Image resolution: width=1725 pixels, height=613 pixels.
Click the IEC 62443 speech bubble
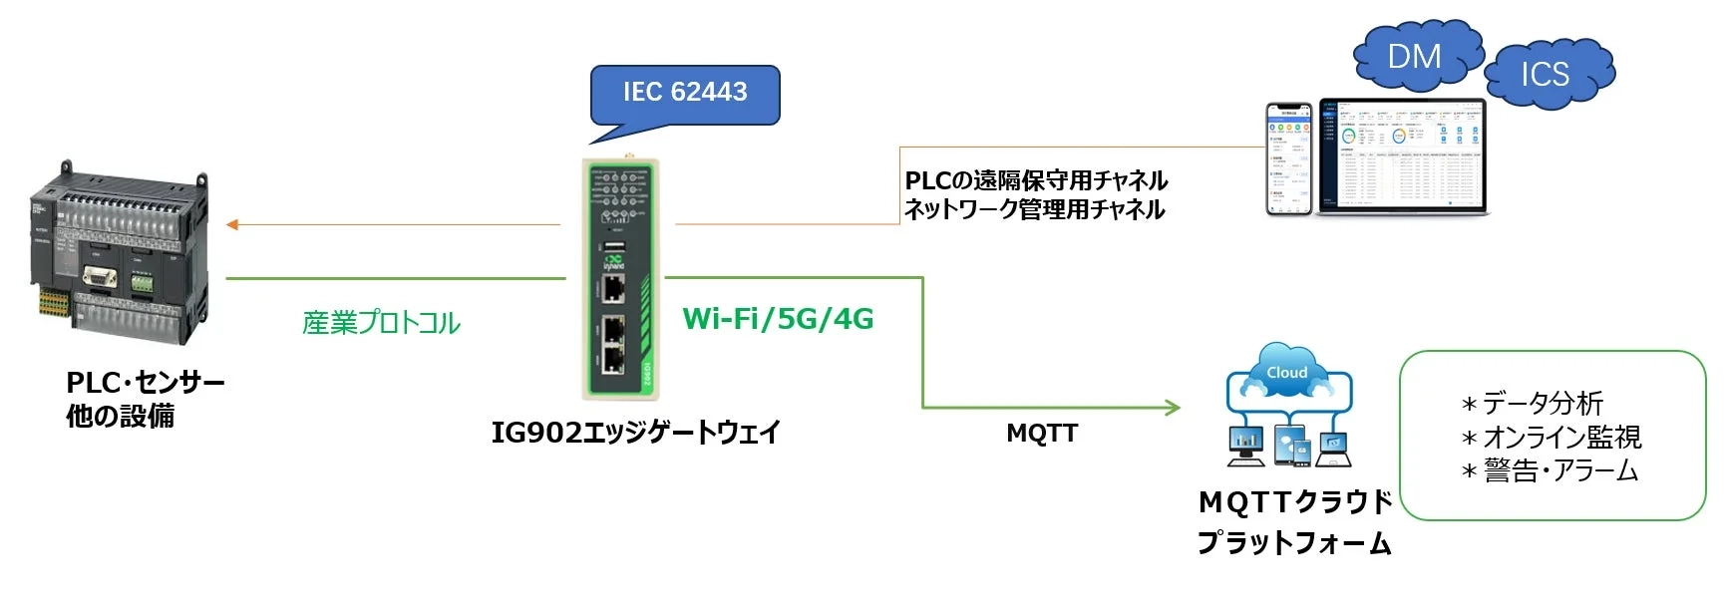click(x=685, y=94)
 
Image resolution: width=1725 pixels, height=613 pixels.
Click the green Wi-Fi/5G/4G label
click(x=778, y=319)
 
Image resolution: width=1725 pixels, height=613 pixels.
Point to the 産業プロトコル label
click(x=381, y=323)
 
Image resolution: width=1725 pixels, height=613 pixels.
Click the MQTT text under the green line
click(x=1042, y=434)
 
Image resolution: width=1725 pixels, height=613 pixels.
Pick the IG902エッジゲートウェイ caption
click(x=635, y=433)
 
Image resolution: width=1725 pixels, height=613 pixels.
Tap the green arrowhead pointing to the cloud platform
click(x=1174, y=407)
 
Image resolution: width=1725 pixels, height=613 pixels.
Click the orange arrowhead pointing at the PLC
click(x=232, y=224)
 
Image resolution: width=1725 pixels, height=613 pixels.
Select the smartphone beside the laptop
click(x=1289, y=158)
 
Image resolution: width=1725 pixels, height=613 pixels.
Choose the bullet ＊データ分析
click(x=1533, y=404)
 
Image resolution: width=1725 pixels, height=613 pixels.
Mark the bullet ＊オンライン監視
click(x=1552, y=438)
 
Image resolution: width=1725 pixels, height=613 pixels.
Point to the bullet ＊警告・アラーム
click(x=1551, y=470)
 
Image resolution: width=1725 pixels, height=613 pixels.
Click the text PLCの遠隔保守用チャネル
click(x=1036, y=180)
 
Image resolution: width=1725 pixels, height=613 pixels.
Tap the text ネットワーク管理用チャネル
click(x=1034, y=209)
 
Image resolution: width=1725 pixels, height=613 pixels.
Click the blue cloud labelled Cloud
click(x=1287, y=370)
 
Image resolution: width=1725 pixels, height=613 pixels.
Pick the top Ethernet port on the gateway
click(x=613, y=289)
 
